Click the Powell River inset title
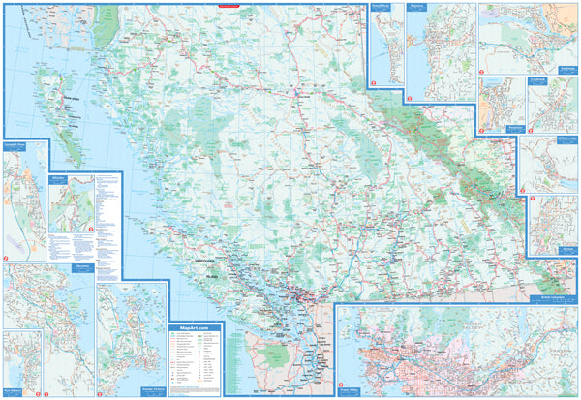click(382, 6)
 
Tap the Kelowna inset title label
click(417, 6)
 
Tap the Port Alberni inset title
click(15, 336)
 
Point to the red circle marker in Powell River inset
click(374, 84)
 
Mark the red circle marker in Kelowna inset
click(411, 97)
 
